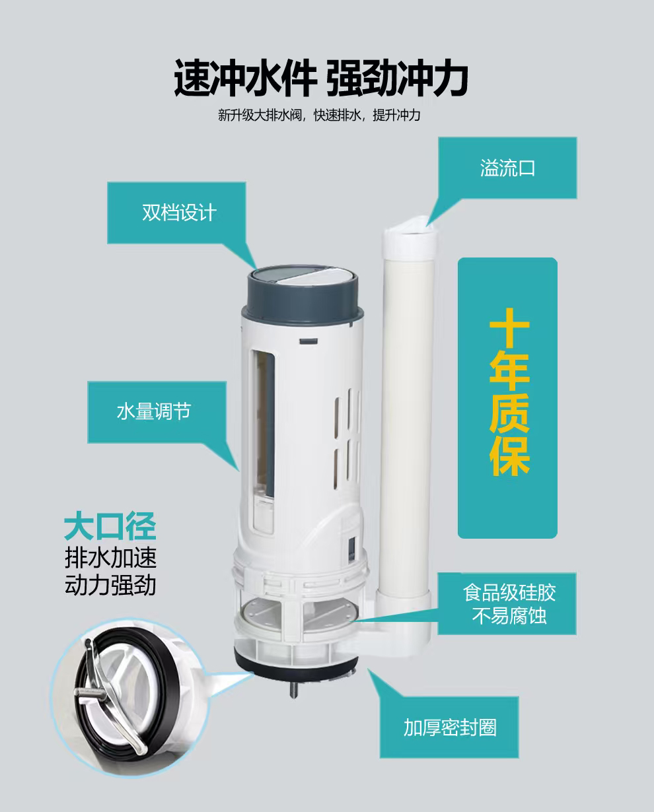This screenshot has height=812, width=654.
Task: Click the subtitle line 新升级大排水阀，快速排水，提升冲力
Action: (x=319, y=115)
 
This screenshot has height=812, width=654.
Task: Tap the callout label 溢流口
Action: (x=507, y=168)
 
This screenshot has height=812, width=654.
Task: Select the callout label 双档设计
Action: (x=179, y=213)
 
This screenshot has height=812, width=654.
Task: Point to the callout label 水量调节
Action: (x=154, y=411)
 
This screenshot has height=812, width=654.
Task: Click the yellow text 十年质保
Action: (x=509, y=392)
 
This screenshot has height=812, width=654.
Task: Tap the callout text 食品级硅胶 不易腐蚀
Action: (x=509, y=604)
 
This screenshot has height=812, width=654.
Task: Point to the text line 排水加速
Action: (x=110, y=558)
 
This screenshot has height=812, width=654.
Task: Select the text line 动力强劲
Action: (x=110, y=585)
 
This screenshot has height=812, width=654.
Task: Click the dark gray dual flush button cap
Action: (x=302, y=294)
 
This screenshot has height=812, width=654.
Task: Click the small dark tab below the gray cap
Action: (x=309, y=341)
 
